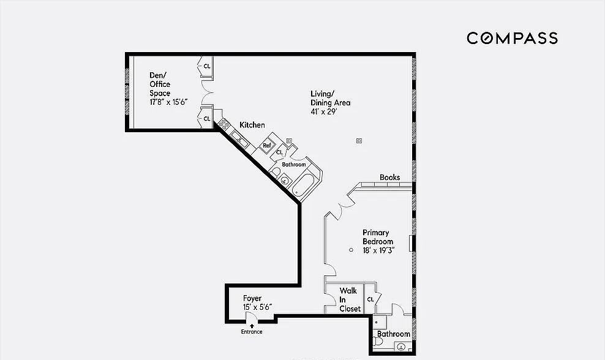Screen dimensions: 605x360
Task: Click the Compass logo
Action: point(512,38)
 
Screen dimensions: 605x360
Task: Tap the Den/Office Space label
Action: point(160,84)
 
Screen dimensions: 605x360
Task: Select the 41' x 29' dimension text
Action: point(324,112)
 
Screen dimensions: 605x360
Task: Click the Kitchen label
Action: point(252,125)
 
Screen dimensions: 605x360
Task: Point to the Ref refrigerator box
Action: point(266,146)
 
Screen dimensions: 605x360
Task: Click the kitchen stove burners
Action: point(224,124)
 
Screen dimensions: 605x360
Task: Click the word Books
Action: point(389,177)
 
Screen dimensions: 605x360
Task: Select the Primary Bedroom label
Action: point(378,237)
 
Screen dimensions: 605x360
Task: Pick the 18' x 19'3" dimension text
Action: point(378,250)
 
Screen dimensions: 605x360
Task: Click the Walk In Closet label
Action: point(350,299)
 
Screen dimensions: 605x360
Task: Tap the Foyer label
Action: point(252,298)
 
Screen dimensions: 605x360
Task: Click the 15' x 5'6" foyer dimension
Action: point(257,307)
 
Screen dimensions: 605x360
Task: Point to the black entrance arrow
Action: point(252,326)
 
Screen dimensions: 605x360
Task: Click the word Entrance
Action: point(252,332)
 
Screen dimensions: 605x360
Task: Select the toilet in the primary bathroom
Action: point(377,342)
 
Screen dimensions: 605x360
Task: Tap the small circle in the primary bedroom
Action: point(351,250)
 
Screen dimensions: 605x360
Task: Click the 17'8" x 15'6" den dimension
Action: point(168,102)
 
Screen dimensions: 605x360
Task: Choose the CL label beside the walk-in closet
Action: point(370,299)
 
